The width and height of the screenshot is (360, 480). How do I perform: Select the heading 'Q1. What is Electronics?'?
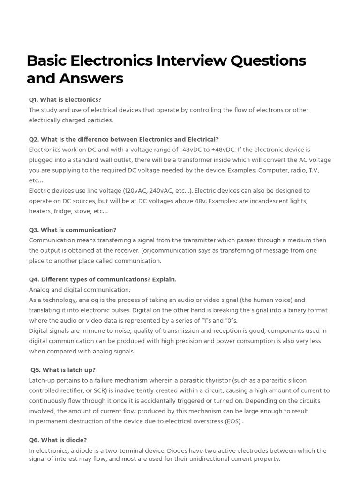[65, 99]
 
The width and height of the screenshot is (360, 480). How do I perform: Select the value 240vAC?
[162, 191]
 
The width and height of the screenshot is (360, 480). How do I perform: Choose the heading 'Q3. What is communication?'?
[73, 230]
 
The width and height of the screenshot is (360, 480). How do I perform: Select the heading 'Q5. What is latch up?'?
[63, 370]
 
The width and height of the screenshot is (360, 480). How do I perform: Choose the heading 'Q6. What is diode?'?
[58, 440]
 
